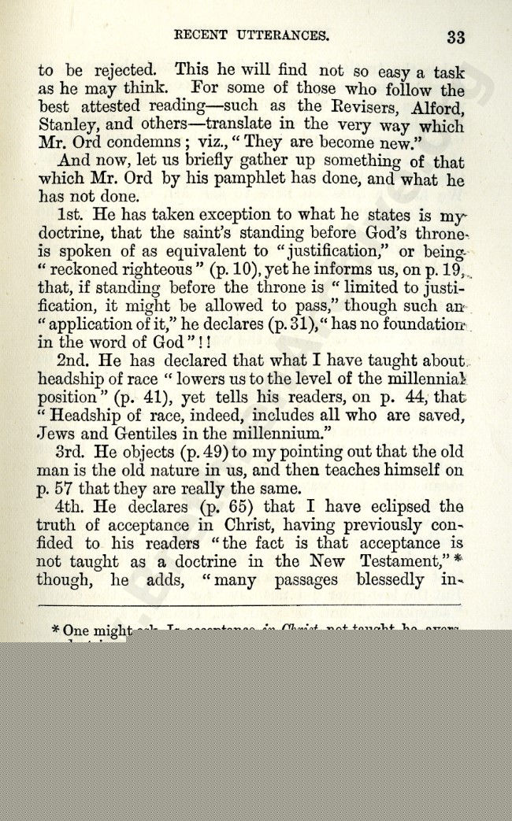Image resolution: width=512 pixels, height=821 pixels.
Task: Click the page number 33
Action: [x=456, y=37]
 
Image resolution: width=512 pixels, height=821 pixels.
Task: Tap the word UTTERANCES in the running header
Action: [x=284, y=35]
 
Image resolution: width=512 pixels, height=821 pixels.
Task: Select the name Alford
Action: [x=437, y=107]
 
